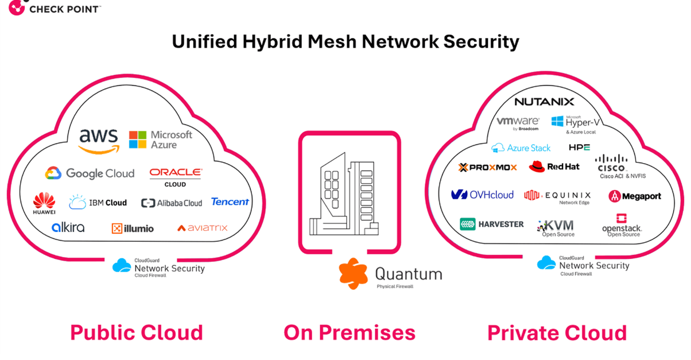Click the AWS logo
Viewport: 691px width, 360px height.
[x=99, y=141]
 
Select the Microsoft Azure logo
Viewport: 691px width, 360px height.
[x=161, y=140]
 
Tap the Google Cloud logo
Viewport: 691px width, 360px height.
[x=90, y=173]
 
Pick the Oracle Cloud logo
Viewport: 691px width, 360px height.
[x=176, y=176]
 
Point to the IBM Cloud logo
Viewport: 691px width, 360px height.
[x=98, y=203]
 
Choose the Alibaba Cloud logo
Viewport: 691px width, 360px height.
[x=172, y=203]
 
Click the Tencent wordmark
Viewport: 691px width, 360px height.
[x=230, y=202]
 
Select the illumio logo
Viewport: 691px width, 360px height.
[x=133, y=228]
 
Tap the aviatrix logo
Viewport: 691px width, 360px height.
[x=202, y=228]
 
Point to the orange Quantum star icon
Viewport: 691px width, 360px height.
[x=353, y=273]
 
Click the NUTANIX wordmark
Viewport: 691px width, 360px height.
[x=544, y=102]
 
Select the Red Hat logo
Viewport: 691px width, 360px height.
[x=554, y=167]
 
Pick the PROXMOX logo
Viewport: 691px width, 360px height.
[x=488, y=167]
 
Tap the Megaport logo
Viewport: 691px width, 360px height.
[x=635, y=196]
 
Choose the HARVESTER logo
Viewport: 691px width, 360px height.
[x=492, y=224]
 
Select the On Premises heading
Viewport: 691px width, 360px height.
[x=350, y=333]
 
